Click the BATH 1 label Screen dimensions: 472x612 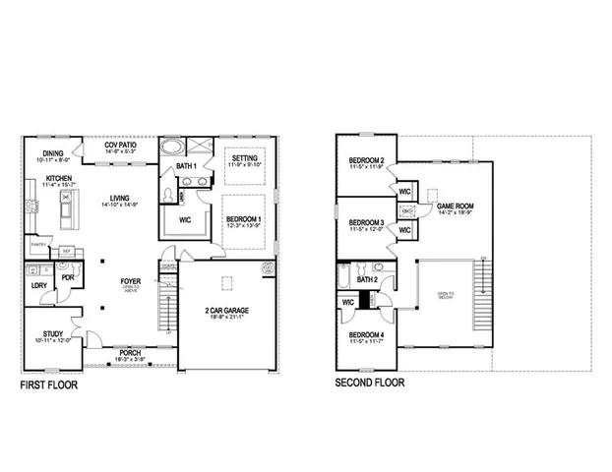click(186, 167)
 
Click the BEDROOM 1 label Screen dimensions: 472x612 click(242, 219)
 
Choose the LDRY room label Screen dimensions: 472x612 click(39, 286)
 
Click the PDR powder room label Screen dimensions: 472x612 click(70, 277)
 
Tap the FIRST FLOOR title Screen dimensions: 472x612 click(49, 385)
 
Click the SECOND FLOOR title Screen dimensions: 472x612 click(371, 383)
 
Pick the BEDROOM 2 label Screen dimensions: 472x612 click(366, 161)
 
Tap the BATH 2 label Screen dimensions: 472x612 click(368, 280)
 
